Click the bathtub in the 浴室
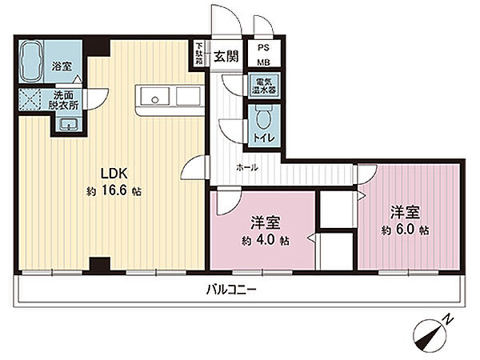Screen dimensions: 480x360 click(30, 62)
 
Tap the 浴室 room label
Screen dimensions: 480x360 click(62, 66)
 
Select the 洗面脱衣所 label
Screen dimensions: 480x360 click(63, 100)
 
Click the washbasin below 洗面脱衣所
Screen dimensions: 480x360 click(69, 125)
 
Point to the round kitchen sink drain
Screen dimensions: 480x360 click(155, 99)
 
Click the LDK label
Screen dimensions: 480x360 click(114, 174)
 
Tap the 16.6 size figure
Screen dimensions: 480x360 click(114, 191)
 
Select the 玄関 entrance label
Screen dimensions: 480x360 click(226, 56)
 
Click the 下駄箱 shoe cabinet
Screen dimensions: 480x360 click(199, 54)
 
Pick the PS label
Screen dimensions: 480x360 click(263, 48)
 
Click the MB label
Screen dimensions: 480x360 click(263, 62)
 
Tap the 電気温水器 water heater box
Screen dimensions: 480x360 click(263, 86)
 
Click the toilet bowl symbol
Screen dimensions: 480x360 click(263, 118)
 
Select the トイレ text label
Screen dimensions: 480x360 click(263, 138)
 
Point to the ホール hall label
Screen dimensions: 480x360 click(247, 167)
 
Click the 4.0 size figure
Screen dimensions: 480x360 click(266, 240)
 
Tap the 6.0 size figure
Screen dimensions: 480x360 click(406, 230)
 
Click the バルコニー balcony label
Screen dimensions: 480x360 click(230, 289)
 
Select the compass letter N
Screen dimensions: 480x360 click(448, 320)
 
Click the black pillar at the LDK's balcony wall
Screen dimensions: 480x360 click(99, 264)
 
